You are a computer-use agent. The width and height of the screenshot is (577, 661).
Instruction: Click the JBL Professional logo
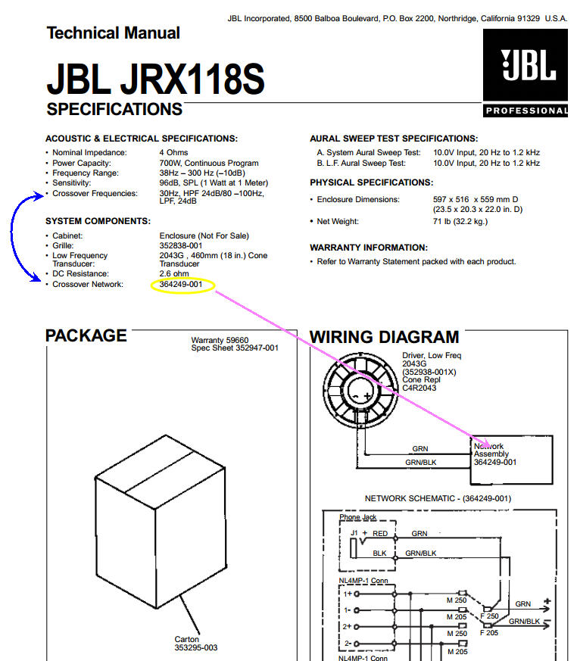point(526,73)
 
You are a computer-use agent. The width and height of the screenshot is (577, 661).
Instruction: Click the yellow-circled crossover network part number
point(181,285)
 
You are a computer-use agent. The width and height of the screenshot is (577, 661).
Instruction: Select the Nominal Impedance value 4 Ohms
point(173,153)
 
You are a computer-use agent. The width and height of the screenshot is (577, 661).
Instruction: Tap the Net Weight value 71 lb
point(460,221)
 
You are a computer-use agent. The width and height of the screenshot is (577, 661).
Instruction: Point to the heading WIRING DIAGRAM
point(385,337)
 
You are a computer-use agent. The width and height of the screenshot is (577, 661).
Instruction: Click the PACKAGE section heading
point(86,335)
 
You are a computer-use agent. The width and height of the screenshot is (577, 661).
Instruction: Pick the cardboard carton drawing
point(161,522)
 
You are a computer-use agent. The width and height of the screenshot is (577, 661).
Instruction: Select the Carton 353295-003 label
point(196,644)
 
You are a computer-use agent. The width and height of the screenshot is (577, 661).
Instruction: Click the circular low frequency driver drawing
point(360,388)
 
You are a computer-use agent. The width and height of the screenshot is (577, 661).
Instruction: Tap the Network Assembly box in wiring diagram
point(511,460)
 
